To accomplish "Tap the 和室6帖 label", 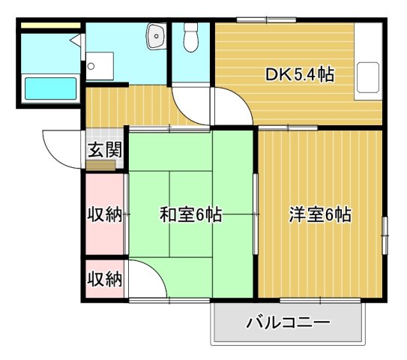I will coord(190,214).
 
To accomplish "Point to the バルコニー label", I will coord(289,324).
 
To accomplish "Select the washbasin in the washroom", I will coord(157,34).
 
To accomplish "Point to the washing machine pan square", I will coord(99,65).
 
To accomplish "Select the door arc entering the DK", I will coord(234,105).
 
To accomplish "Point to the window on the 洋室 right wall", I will coord(385,235).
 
